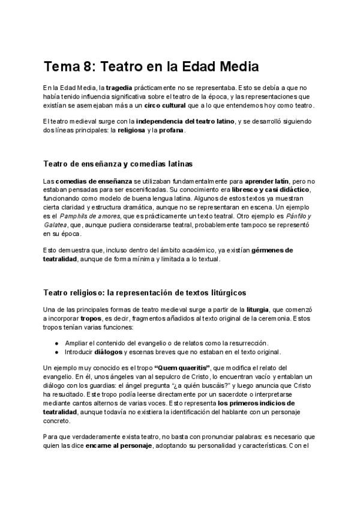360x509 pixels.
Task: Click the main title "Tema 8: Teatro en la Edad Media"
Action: [151, 65]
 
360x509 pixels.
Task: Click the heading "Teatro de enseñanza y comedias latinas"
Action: [118, 163]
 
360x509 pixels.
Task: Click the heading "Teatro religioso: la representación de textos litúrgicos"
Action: [144, 292]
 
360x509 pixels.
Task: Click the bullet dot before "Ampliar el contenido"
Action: [56, 343]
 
